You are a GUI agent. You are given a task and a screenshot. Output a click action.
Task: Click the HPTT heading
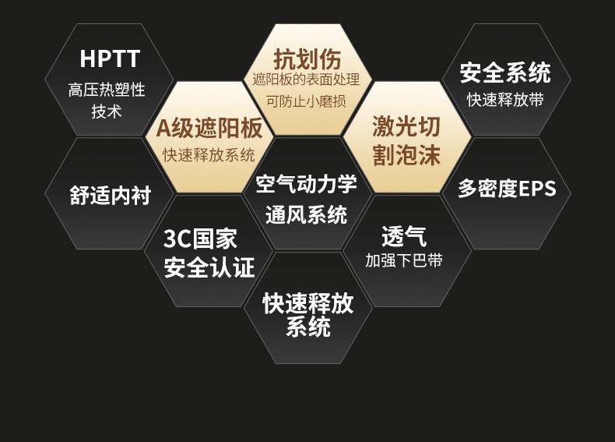point(110,58)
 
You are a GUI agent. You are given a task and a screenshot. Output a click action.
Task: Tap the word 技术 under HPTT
point(107,111)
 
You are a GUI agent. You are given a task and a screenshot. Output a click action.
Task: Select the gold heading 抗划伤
point(307,59)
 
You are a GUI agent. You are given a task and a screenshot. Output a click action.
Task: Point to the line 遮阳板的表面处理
point(306,80)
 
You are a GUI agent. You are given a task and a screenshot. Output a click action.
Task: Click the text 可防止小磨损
point(306,101)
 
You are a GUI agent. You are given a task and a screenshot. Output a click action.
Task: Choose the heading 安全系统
point(505,72)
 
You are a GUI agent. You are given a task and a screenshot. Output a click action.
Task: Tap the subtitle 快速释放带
point(505,100)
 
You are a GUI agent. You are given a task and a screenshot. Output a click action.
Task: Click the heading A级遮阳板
point(209,128)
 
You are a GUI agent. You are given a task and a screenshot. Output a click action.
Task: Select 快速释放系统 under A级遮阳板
point(209,155)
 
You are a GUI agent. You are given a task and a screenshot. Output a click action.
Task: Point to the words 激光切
point(406,126)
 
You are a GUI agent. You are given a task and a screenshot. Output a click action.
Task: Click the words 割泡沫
point(406,154)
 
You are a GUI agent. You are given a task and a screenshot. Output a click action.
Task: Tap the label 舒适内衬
point(111,195)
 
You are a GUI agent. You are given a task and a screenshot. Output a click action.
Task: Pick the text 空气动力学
point(306,183)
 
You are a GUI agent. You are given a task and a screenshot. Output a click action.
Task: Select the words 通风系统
point(306,214)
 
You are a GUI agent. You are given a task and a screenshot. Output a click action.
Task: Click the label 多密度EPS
point(507,188)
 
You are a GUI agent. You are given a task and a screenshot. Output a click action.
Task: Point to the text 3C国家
point(200,239)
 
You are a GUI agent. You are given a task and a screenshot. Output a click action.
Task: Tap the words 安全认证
point(209,267)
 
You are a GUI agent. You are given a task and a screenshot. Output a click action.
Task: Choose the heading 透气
point(404,236)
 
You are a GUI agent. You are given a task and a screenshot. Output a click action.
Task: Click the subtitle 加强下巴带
point(404,260)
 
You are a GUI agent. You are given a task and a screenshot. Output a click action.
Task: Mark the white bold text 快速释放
point(308,303)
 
